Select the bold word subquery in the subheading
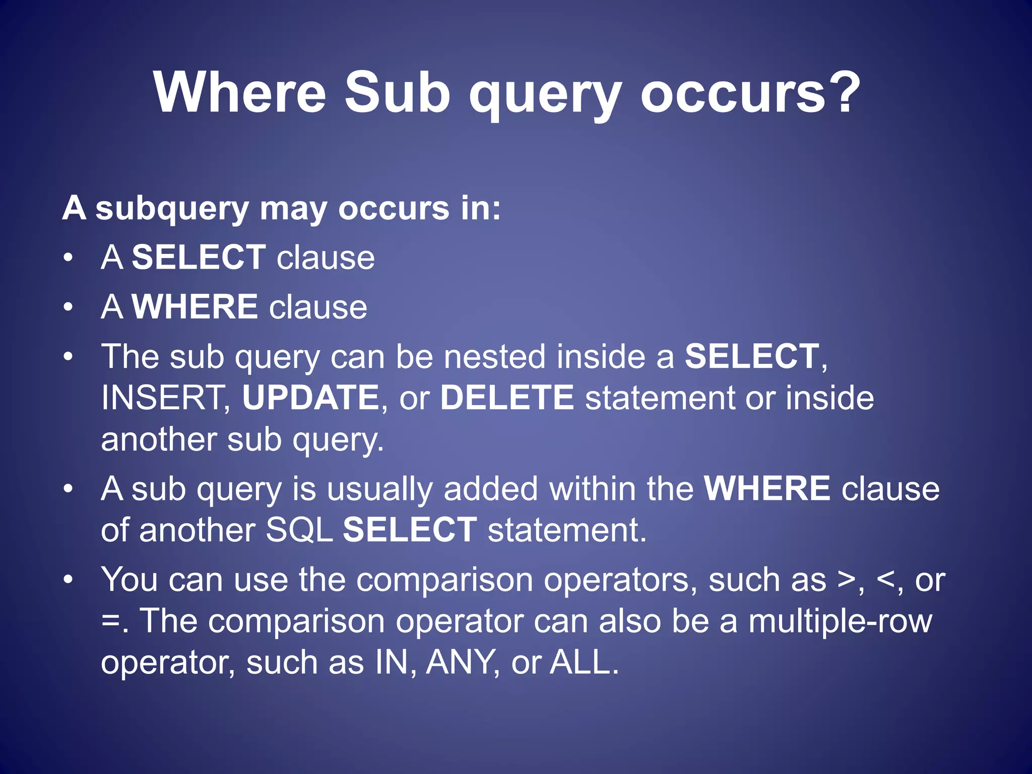click(x=172, y=209)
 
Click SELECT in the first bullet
click(x=199, y=257)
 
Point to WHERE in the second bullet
click(x=195, y=307)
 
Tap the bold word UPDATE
click(x=310, y=398)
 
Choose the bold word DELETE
click(x=507, y=398)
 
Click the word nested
click(x=494, y=357)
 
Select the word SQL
click(x=299, y=530)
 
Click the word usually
click(x=379, y=490)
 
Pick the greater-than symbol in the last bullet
click(x=846, y=580)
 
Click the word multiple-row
click(x=840, y=621)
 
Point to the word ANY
click(x=460, y=662)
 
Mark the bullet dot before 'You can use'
click(x=69, y=579)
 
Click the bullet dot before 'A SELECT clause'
click(x=69, y=257)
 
